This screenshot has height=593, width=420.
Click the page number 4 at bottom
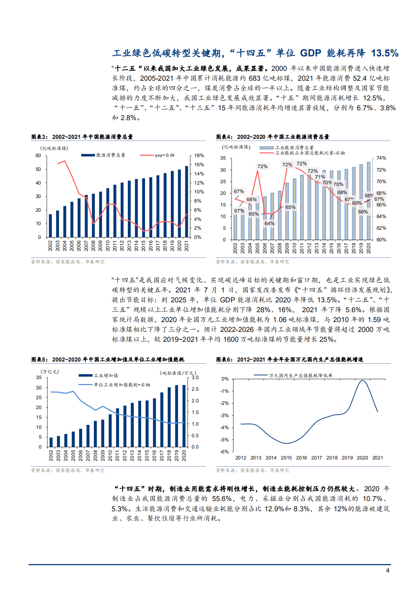pos(388,570)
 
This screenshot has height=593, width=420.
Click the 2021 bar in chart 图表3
pos(187,202)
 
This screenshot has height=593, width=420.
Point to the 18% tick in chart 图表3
pos(199,155)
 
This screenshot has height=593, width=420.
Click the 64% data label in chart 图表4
pos(269,223)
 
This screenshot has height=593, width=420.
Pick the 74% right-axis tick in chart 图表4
pos(381,158)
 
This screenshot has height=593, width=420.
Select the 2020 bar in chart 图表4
pos(368,201)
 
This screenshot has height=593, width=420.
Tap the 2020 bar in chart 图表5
pos(184,416)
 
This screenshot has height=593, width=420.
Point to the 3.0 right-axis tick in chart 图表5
pos(195,377)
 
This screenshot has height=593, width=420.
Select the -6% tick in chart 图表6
pos(225,452)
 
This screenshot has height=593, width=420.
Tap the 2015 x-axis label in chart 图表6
pos(286,458)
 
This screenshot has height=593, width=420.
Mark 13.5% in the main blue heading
pos(385,53)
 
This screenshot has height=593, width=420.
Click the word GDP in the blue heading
pos(311,53)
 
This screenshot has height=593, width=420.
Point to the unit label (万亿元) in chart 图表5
pos(50,372)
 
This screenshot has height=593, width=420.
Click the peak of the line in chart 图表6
pos(362,380)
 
